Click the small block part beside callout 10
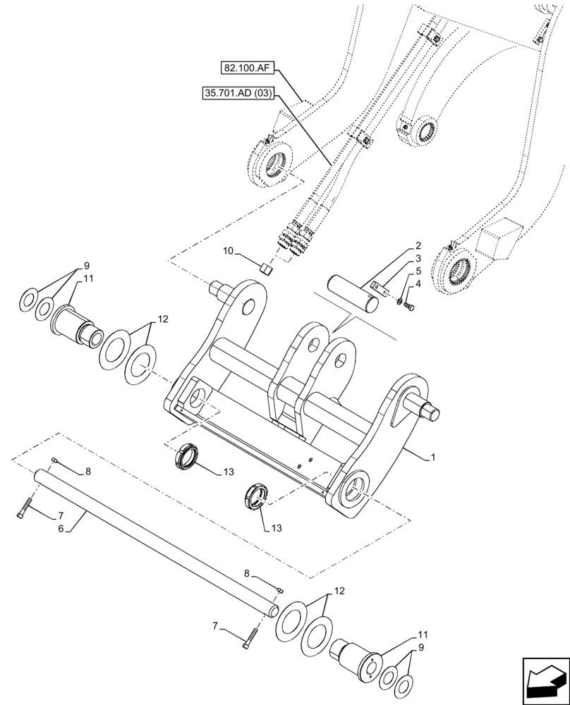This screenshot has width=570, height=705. (x=265, y=268)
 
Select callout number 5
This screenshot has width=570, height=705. (x=418, y=270)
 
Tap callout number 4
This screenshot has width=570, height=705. (x=418, y=283)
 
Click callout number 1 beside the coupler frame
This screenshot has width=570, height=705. (x=432, y=458)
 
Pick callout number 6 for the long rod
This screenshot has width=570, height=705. (x=61, y=527)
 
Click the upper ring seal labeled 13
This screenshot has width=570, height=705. (x=187, y=455)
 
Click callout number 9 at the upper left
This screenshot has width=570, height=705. (x=87, y=266)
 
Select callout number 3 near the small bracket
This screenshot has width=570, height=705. (x=418, y=258)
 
